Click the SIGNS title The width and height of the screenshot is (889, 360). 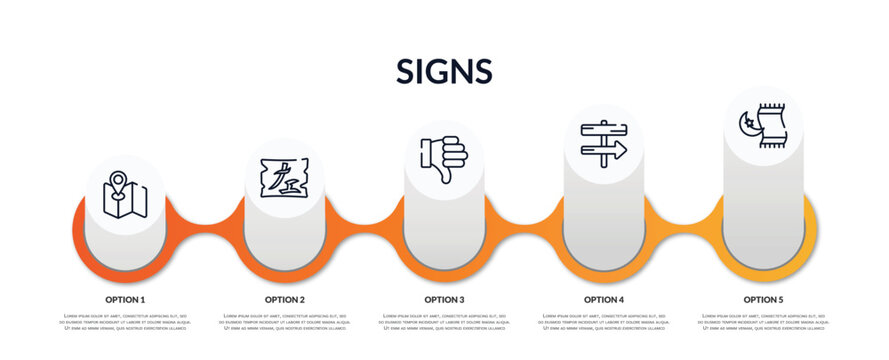[444, 71]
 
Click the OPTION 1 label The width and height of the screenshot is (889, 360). [125, 299]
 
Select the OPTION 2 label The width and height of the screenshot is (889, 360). [285, 299]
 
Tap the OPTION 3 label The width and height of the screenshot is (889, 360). [444, 299]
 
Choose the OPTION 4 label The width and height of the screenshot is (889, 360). [604, 299]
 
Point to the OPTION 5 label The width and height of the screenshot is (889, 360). [763, 299]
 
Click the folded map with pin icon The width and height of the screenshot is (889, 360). [125, 194]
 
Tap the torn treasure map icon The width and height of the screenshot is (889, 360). [284, 177]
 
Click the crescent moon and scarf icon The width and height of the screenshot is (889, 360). [763, 126]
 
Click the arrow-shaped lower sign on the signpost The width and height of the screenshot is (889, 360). [606, 150]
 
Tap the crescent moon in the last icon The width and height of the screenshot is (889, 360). [746, 124]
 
